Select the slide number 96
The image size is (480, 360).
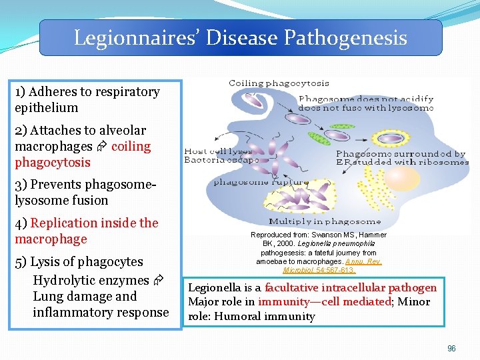point(451,348)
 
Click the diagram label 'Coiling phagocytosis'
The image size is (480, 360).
point(279,83)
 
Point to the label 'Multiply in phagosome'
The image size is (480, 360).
point(325,221)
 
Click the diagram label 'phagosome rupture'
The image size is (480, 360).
point(261,181)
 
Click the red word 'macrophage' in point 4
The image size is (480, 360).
point(51,239)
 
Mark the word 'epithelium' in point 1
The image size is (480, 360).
point(46,107)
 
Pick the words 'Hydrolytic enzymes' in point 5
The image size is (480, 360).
point(91,280)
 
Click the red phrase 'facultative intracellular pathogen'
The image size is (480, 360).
point(351,288)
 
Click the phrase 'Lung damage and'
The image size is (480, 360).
point(85,296)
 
